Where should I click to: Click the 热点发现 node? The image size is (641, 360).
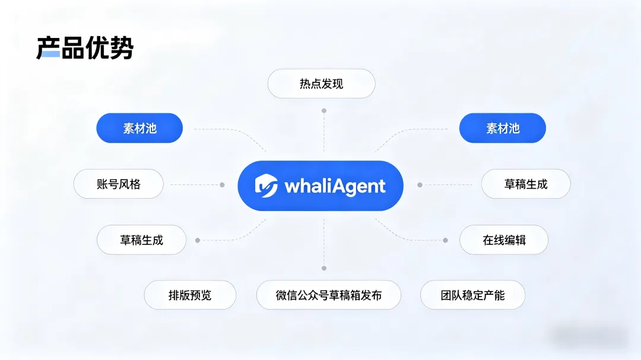(x=321, y=84)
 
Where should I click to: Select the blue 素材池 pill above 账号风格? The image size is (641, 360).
(x=139, y=128)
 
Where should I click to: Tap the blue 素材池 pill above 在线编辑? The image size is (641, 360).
(x=503, y=128)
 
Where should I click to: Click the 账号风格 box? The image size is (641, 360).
(x=118, y=184)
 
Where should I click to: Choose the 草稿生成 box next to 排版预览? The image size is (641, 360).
(x=141, y=240)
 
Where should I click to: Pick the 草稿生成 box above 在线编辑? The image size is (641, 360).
(x=526, y=184)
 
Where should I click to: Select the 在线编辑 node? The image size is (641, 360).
(x=504, y=240)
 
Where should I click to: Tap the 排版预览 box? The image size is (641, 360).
(x=190, y=295)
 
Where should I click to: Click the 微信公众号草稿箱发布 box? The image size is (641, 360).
(x=329, y=295)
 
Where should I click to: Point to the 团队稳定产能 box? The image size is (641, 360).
(x=472, y=295)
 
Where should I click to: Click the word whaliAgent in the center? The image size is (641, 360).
(x=335, y=186)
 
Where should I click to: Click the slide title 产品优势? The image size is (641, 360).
(x=85, y=48)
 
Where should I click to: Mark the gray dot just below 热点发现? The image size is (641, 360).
(x=323, y=110)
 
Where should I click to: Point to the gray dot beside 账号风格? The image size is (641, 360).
(x=222, y=184)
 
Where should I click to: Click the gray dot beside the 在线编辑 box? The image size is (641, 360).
(x=445, y=240)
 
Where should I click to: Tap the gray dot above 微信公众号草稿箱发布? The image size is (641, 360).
(x=323, y=268)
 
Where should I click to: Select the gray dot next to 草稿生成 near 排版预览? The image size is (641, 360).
(x=198, y=240)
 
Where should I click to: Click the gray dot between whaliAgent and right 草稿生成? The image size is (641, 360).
(x=420, y=184)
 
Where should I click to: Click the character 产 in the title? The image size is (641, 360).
(x=48, y=48)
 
